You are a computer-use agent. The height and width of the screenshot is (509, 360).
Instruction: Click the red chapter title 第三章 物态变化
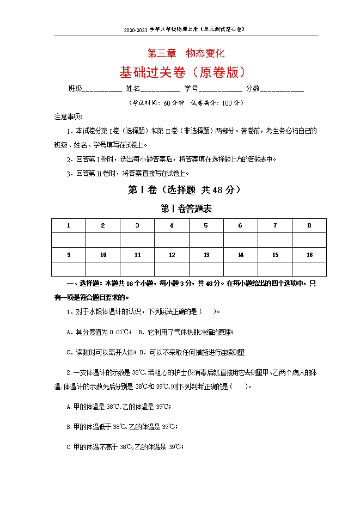tap(186, 54)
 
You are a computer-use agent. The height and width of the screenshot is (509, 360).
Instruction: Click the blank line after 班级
tap(102, 89)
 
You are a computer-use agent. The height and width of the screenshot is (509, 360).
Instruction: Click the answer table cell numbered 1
tap(69, 225)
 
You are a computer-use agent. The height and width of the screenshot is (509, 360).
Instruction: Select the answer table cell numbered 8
tap(309, 225)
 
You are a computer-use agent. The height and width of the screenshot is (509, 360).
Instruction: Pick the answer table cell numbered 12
tap(172, 255)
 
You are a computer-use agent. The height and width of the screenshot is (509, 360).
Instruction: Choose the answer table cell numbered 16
tap(309, 255)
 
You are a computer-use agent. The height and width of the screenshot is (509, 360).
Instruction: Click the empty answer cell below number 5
tap(206, 240)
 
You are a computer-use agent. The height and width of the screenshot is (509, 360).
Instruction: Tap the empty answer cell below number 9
tap(69, 269)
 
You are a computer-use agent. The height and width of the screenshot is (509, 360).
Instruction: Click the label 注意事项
tap(68, 116)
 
